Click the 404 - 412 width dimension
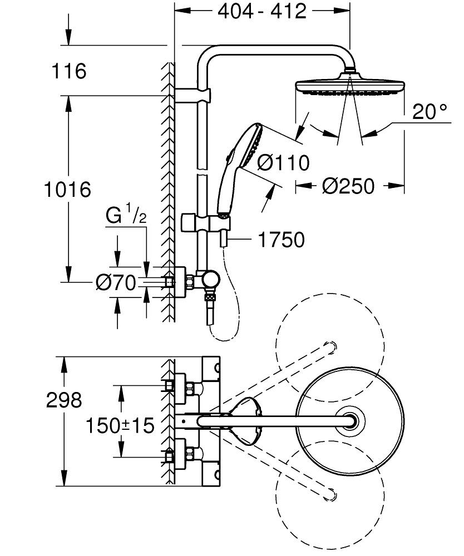(x=261, y=12)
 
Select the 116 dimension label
(x=68, y=71)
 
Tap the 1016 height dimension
(x=68, y=190)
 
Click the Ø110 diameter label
(x=283, y=163)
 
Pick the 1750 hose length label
(x=281, y=240)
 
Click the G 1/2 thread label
(x=126, y=215)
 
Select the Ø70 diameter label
(x=115, y=284)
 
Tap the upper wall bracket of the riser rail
(x=195, y=94)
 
